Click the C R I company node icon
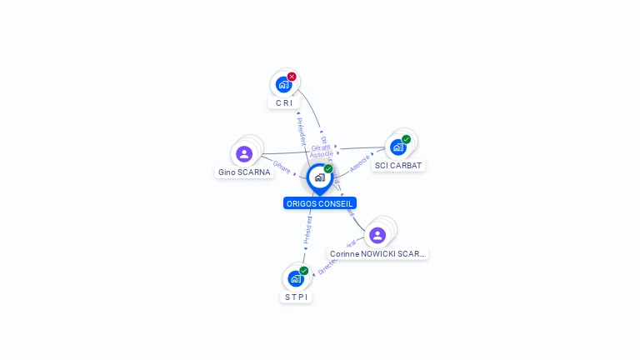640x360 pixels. (284, 84)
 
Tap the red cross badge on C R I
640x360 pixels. (292, 77)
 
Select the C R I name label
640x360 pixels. (284, 103)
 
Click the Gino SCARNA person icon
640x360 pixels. (244, 153)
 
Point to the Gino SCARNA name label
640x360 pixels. (244, 172)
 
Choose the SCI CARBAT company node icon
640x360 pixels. (398, 147)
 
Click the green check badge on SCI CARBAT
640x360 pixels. (406, 139)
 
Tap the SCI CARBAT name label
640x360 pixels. (398, 166)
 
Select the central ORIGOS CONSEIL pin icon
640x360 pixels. (319, 177)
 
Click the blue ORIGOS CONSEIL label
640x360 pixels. (320, 203)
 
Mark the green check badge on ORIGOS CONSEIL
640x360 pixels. (328, 169)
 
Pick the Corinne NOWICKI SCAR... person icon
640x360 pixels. (377, 235)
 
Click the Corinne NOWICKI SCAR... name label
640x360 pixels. (377, 253)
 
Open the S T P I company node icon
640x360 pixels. (296, 277)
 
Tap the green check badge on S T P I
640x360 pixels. (304, 270)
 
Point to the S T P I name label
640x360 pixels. (296, 297)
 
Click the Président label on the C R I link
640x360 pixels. (301, 131)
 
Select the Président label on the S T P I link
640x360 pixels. (307, 229)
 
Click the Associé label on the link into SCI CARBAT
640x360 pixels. (360, 162)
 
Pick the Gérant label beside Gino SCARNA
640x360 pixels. (282, 167)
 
